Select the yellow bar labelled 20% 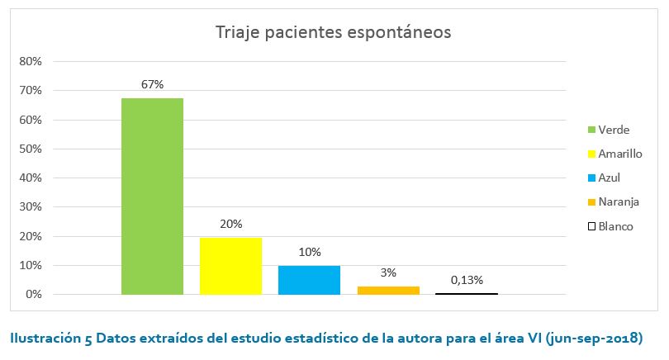point(230,265)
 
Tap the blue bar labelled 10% point(309,280)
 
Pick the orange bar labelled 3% point(388,290)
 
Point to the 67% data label point(152,84)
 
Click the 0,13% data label point(467,280)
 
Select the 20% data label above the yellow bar point(231,224)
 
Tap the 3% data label point(388,272)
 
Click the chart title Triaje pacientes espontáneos point(333,33)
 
